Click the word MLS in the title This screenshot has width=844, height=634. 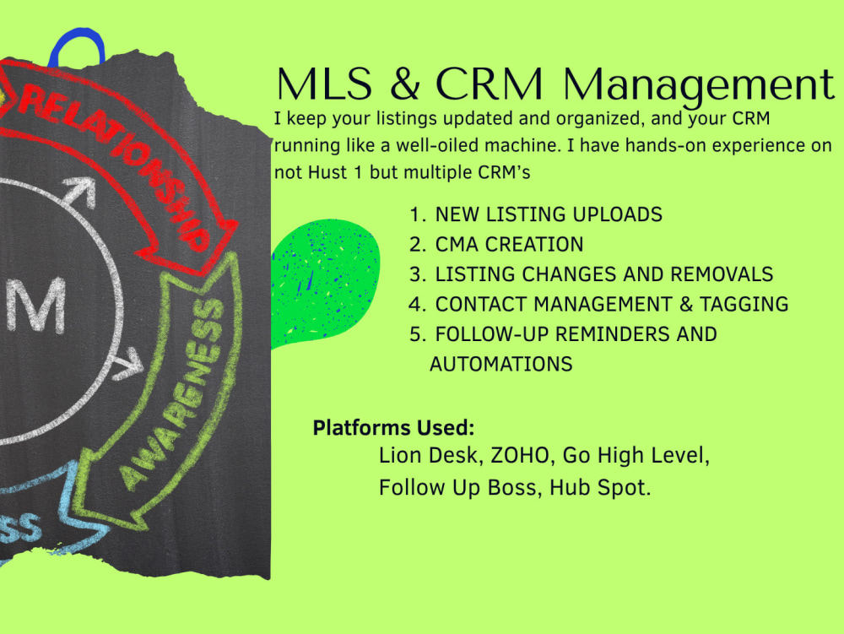pos(324,84)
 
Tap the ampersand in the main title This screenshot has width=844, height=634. pos(405,84)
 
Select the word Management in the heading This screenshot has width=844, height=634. pos(699,87)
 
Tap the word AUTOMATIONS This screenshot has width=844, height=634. pos(500,365)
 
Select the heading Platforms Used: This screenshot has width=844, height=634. pos(393,428)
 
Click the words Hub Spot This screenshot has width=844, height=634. pos(600,488)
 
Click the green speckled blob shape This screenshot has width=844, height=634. pos(325,281)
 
